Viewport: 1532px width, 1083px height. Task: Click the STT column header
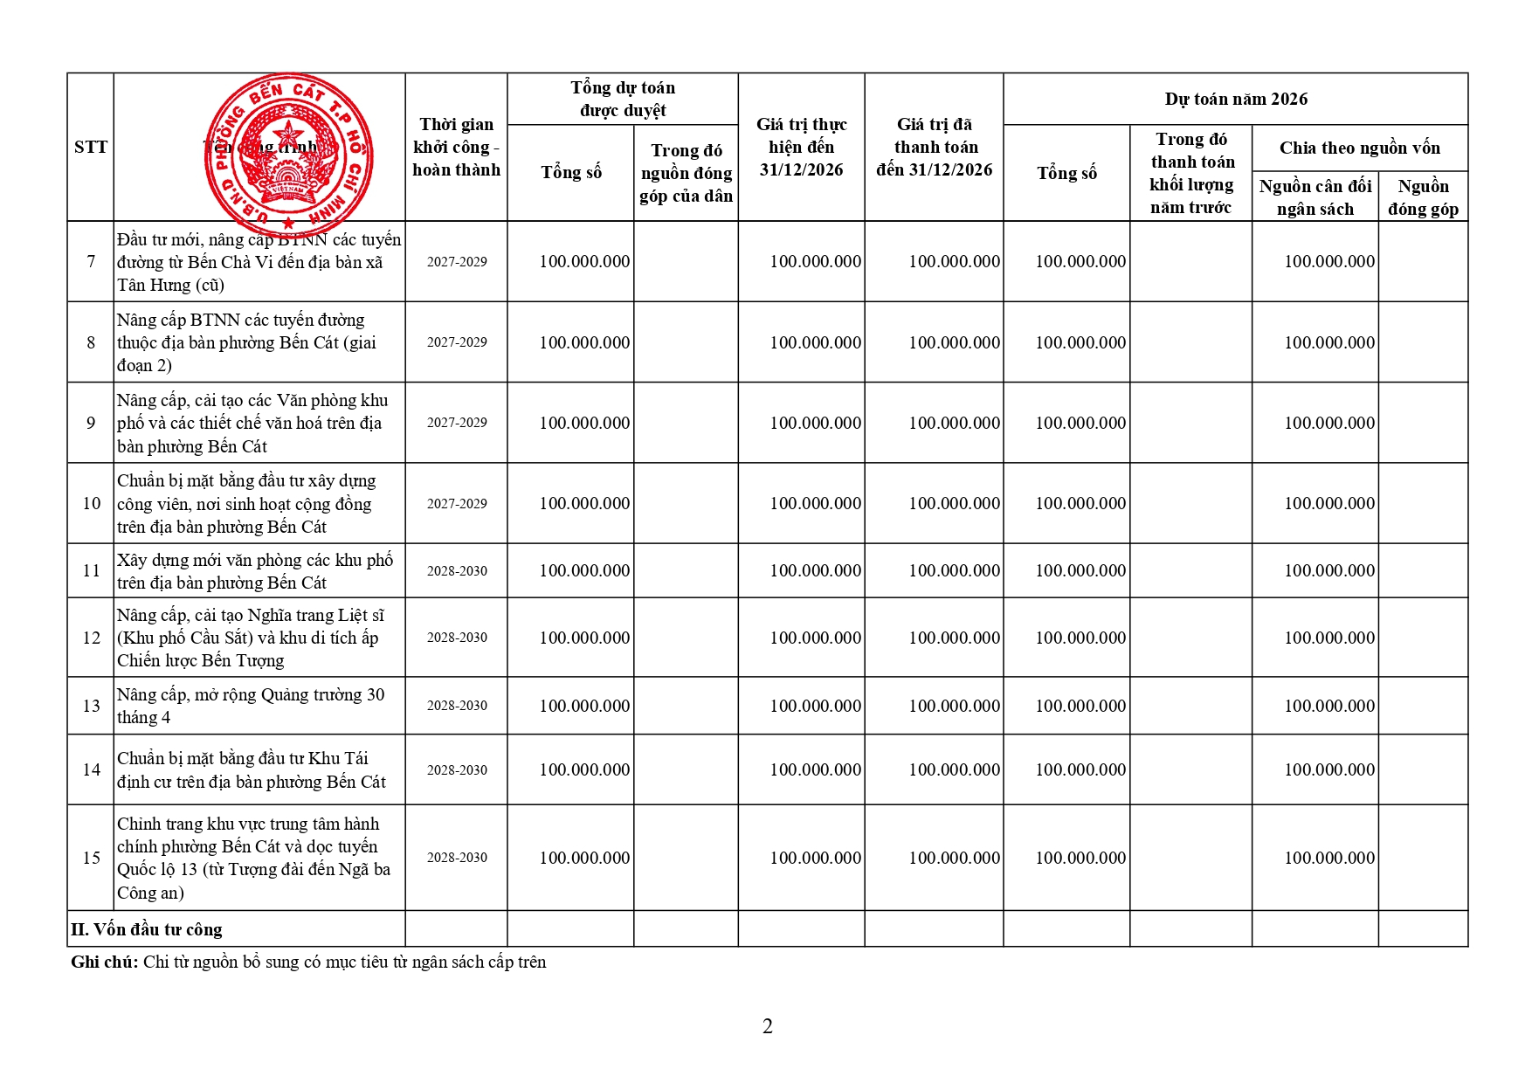click(x=91, y=147)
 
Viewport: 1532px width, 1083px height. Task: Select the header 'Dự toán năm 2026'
click(x=1235, y=99)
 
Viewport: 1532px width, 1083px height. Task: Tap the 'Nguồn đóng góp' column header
click(x=1422, y=197)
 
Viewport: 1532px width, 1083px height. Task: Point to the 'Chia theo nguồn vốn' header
click(x=1359, y=148)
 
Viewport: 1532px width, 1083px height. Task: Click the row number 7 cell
click(x=91, y=261)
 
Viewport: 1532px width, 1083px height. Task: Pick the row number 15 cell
click(x=91, y=858)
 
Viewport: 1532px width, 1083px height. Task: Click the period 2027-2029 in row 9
click(x=456, y=423)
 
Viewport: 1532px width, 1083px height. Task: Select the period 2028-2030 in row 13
click(x=456, y=706)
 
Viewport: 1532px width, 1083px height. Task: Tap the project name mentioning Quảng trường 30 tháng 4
click(x=250, y=706)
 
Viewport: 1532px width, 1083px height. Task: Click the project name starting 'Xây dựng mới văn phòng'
click(x=254, y=571)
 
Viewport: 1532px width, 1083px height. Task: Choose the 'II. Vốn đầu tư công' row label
click(x=147, y=929)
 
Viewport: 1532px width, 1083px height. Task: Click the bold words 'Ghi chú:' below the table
click(x=104, y=962)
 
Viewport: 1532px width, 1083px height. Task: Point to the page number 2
click(x=767, y=1026)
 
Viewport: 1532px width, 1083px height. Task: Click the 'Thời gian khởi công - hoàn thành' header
click(x=456, y=147)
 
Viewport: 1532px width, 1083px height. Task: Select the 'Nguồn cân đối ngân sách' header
click(x=1315, y=197)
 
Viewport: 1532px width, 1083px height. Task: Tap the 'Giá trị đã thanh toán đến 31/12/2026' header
click(x=934, y=147)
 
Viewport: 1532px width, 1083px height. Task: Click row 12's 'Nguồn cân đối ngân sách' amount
click(x=1328, y=638)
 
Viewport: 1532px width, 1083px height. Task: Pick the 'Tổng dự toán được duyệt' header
click(x=622, y=99)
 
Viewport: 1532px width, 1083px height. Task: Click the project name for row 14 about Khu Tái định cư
click(x=251, y=770)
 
